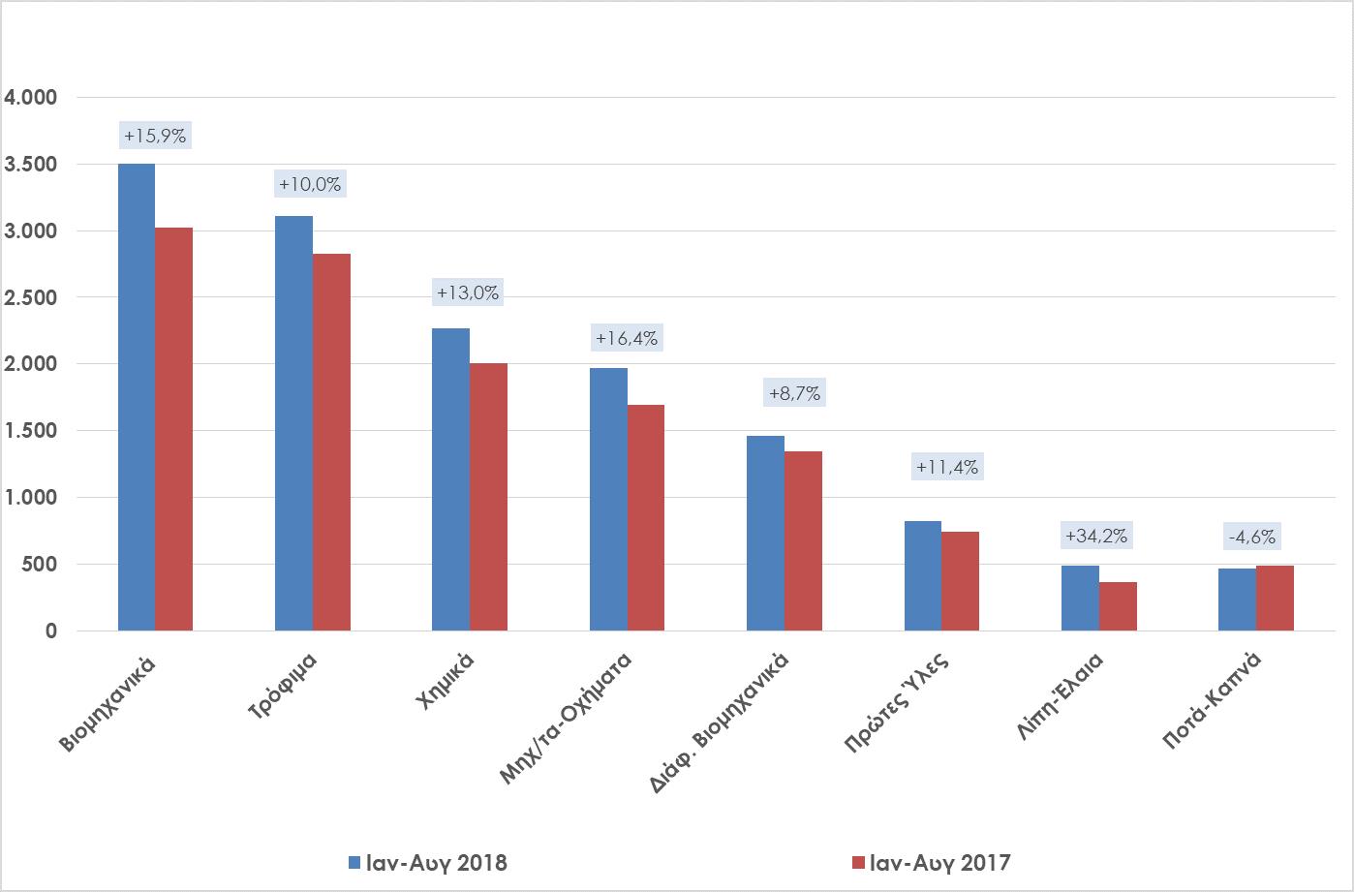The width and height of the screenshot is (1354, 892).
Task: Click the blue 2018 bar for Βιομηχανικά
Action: click(137, 397)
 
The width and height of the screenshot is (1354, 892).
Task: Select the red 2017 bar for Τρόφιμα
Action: click(331, 442)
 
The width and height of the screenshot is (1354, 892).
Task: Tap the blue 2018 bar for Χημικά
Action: click(450, 479)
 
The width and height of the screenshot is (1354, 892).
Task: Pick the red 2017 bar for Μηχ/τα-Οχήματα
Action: click(646, 517)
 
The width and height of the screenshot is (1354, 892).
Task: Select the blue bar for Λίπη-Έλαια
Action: click(1080, 598)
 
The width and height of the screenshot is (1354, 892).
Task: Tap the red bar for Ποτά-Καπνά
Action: click(1275, 598)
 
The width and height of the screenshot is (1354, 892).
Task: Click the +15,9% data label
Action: click(155, 137)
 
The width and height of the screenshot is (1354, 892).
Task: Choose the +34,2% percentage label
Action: click(1096, 536)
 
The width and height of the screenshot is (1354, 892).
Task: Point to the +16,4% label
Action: click(627, 338)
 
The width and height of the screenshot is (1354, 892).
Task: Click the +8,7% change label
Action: click(794, 393)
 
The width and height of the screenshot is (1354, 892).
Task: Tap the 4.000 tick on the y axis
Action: click(32, 98)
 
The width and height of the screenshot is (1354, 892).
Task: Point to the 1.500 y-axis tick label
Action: click(32, 431)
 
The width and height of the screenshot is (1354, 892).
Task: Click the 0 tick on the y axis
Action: click(50, 631)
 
